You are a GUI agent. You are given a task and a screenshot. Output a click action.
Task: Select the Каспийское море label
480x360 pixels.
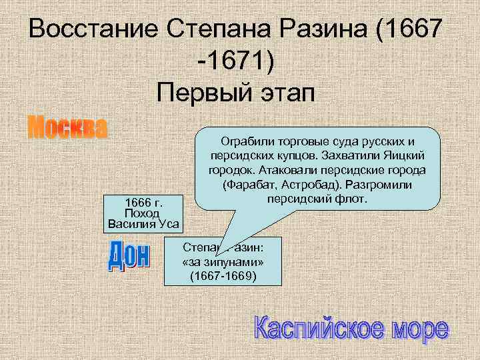pyautogui.click(x=351, y=329)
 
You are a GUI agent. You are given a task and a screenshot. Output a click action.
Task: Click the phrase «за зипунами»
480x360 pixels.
pyautogui.click(x=223, y=262)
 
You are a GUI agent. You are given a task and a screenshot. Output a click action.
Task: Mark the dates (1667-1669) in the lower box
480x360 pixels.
pyautogui.click(x=223, y=275)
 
